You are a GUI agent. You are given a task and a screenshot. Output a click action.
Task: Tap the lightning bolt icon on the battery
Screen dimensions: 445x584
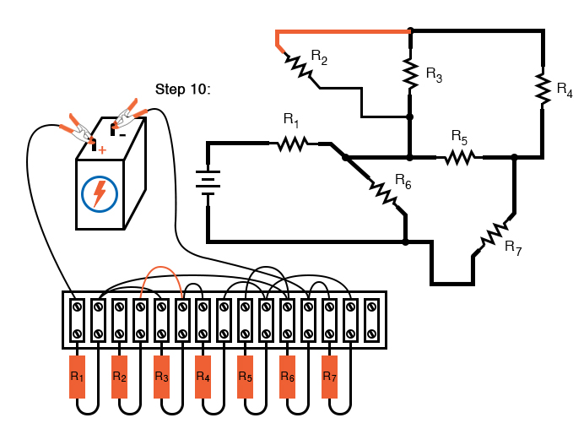click(x=99, y=193)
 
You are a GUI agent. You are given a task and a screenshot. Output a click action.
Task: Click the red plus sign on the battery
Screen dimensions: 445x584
click(x=102, y=150)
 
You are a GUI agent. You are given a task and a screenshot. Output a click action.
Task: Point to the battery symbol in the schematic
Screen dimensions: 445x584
click(x=208, y=181)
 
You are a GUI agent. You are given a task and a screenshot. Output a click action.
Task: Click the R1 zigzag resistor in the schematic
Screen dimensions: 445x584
click(x=290, y=144)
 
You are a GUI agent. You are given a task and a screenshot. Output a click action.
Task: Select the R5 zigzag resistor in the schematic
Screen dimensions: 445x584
click(x=459, y=157)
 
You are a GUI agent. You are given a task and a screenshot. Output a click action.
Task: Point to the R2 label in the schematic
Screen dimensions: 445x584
click(x=319, y=57)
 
